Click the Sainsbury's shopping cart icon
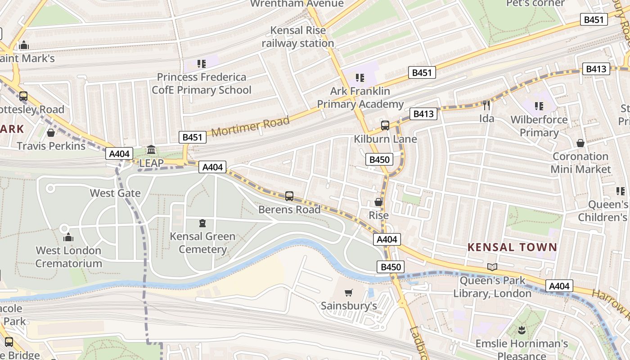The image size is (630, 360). (348, 293)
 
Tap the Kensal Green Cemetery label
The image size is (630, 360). (202, 243)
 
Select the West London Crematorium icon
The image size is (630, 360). (68, 237)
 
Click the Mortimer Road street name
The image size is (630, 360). (250, 126)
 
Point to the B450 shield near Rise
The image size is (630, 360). (379, 159)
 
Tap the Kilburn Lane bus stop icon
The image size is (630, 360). (385, 126)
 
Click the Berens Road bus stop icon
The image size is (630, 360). (289, 196)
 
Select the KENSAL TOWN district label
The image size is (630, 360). (512, 247)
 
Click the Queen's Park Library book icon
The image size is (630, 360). (492, 267)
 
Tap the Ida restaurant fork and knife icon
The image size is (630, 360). (486, 105)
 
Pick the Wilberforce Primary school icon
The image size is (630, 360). (539, 107)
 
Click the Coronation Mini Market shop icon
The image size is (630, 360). (580, 143)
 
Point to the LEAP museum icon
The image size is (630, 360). (151, 149)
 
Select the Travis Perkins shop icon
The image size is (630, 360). (51, 133)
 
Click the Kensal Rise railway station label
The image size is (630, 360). (297, 37)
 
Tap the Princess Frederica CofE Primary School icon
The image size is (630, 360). (202, 64)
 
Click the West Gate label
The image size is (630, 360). (115, 193)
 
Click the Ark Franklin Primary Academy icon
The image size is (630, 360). (360, 78)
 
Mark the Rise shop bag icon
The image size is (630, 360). (379, 202)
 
